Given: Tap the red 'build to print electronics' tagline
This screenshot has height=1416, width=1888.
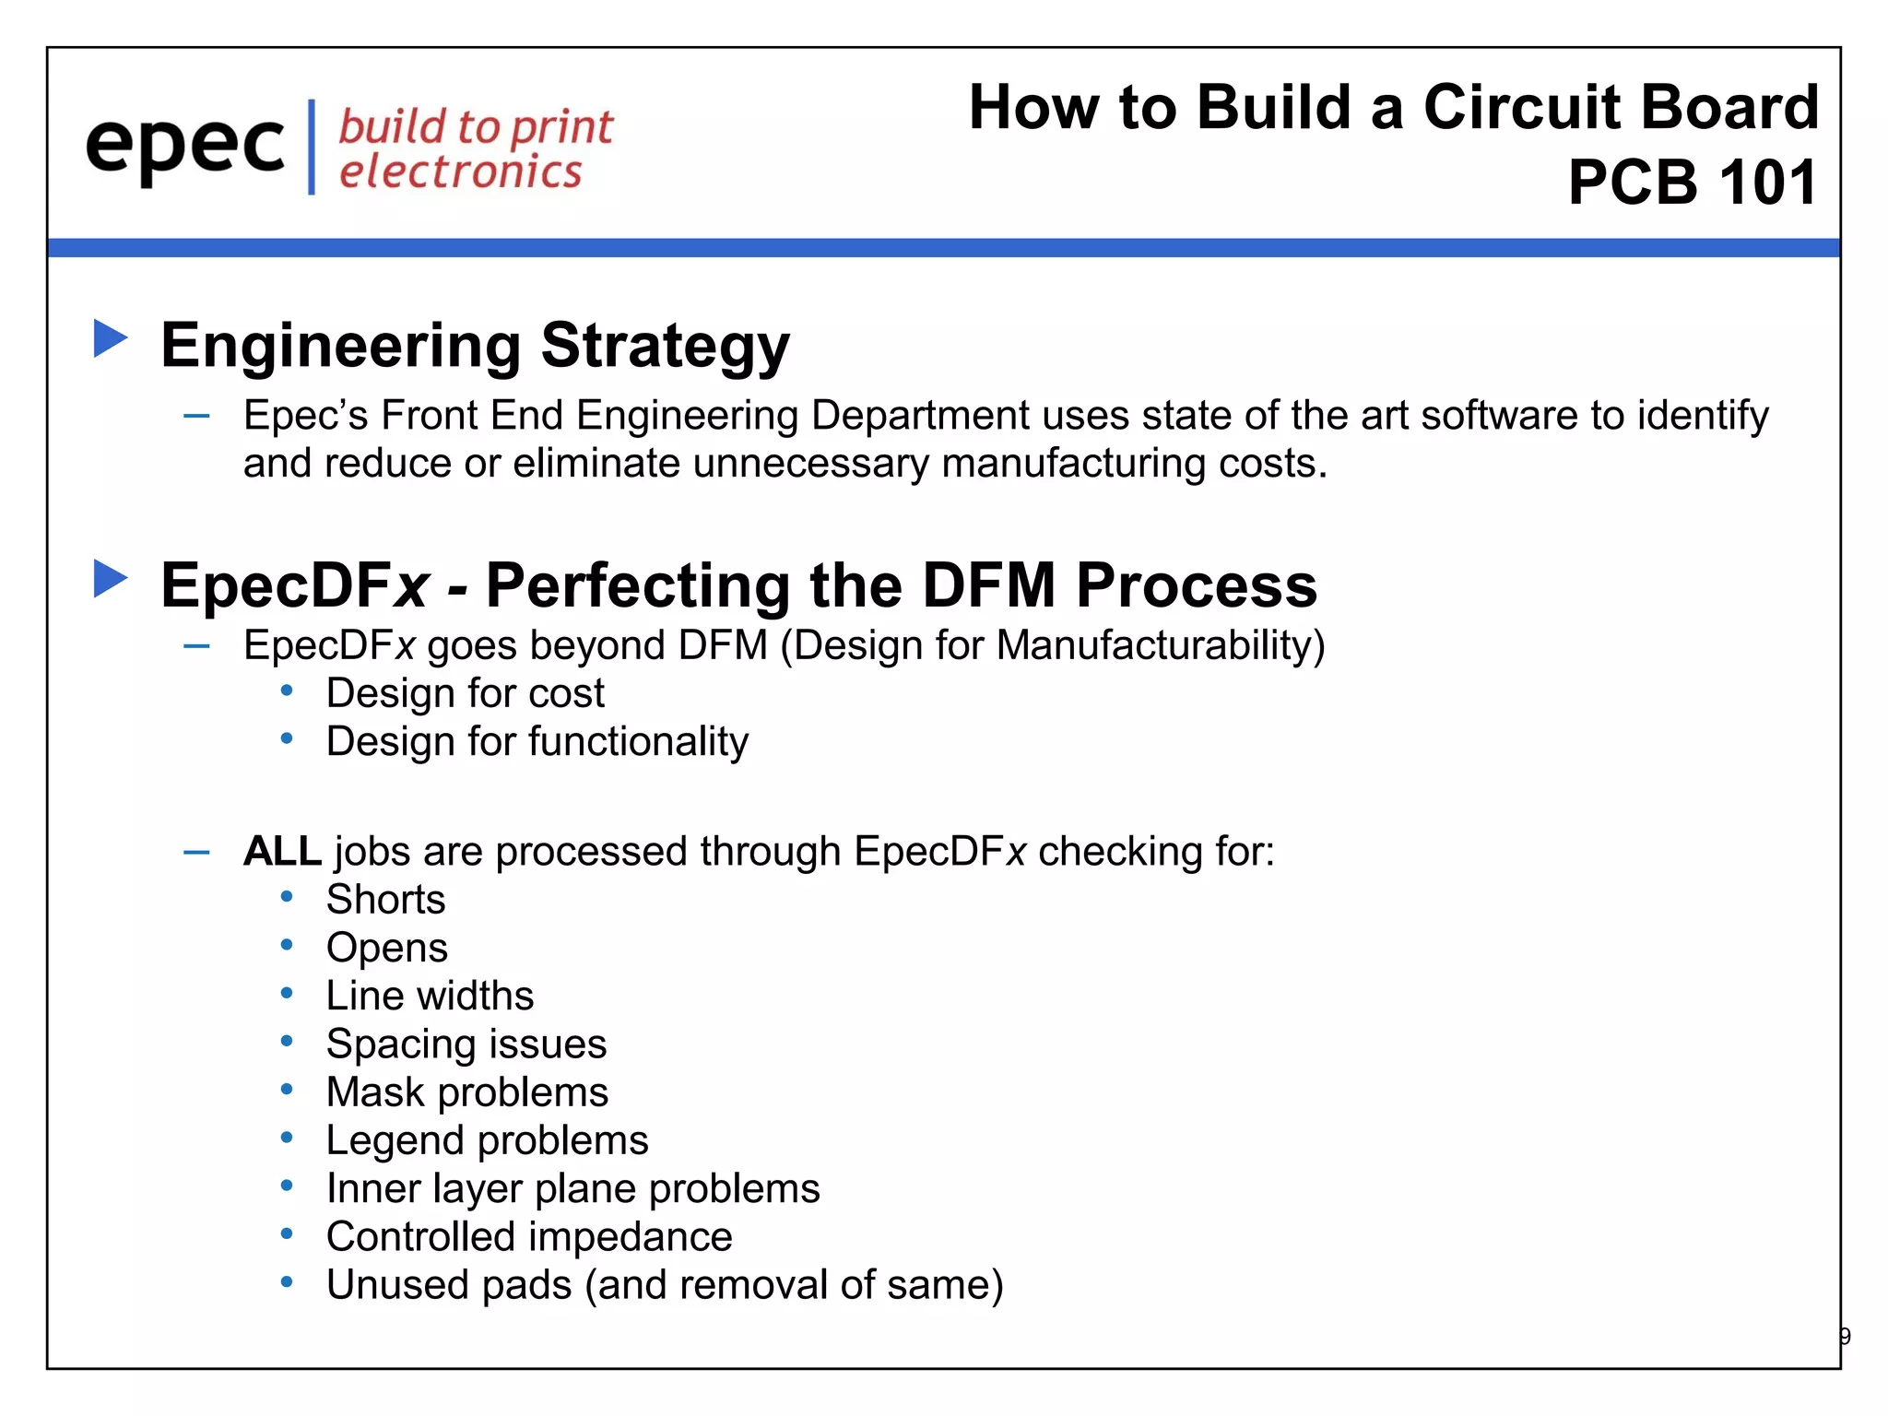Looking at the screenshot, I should [475, 149].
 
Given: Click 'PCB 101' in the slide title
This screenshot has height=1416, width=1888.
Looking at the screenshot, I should [1692, 183].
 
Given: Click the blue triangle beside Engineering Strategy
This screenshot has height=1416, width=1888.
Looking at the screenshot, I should [111, 338].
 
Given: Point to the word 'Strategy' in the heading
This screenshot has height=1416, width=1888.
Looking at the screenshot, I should [665, 347].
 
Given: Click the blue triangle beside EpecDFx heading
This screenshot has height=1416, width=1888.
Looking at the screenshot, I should [111, 579].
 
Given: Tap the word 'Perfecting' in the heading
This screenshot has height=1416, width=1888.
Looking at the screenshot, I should [636, 586].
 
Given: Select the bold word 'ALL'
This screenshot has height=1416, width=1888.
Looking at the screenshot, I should [282, 851].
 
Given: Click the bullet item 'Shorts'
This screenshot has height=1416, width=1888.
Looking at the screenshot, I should [385, 900].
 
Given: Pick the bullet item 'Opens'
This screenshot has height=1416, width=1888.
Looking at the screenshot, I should [387, 948].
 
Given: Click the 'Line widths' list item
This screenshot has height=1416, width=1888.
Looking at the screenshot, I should [430, 997].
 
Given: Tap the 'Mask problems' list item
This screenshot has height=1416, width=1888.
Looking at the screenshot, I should [466, 1092].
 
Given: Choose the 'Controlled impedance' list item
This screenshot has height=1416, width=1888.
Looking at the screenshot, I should [529, 1237].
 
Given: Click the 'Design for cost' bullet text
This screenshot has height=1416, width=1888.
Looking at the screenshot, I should [465, 693].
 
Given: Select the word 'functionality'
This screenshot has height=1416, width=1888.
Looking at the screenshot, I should [638, 742].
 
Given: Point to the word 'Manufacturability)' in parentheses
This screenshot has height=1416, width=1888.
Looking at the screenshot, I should [1160, 645].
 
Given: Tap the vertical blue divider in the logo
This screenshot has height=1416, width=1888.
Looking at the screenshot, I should [312, 147].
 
